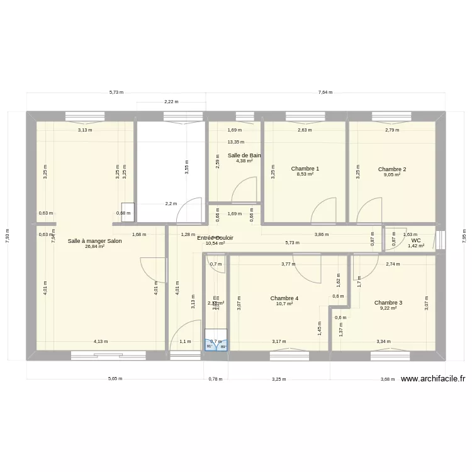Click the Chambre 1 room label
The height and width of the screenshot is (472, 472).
point(305,169)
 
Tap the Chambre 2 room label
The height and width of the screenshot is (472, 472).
point(392,169)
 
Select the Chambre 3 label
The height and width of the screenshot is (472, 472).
point(388,303)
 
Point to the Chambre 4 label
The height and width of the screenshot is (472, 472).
point(284,298)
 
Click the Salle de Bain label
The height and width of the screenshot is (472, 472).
point(244,155)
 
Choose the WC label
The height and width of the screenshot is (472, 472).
point(416,240)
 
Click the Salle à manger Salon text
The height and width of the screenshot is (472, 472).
point(95,241)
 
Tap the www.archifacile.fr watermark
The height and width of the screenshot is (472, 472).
point(433,379)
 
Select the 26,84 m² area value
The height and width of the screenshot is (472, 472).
point(95,247)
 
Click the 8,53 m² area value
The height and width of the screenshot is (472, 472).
point(305,174)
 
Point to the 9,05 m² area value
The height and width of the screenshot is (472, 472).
point(392,174)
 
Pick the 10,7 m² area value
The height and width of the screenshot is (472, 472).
point(284,304)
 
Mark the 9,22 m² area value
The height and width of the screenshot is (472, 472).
point(388,308)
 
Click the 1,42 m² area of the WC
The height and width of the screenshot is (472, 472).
point(416,246)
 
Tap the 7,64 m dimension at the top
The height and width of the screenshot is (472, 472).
point(325,92)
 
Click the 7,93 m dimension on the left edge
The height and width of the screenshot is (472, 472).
point(7,235)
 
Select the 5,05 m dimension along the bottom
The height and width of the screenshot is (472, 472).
point(115,379)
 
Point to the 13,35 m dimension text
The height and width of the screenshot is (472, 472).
point(236,142)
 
